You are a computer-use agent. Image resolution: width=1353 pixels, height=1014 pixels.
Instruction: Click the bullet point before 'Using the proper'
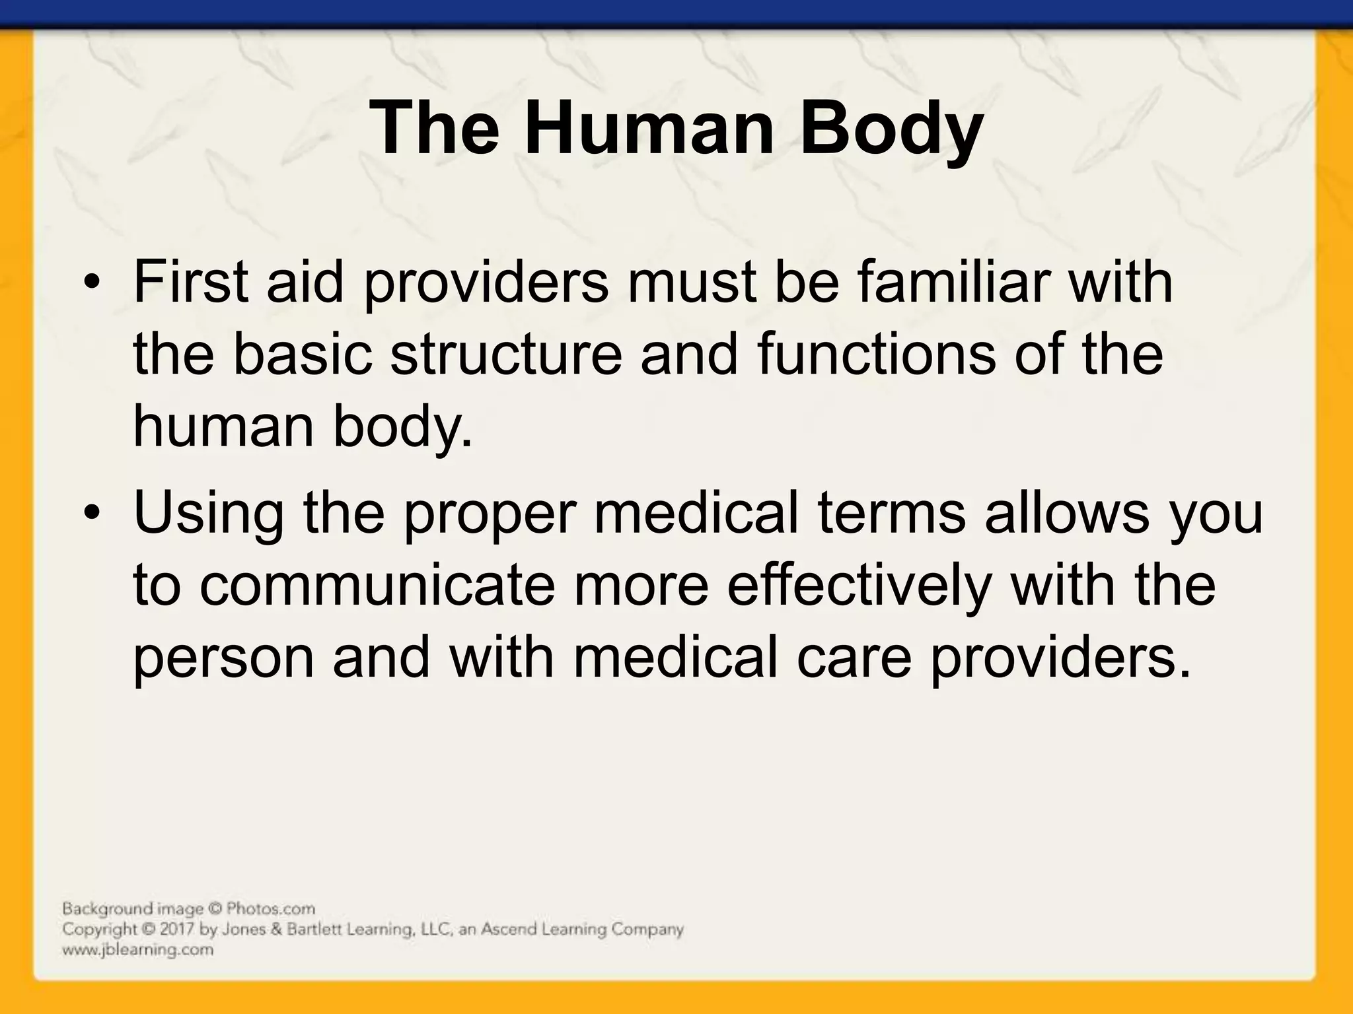[x=92, y=516]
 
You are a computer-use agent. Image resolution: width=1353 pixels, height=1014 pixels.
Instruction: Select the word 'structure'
[x=506, y=355]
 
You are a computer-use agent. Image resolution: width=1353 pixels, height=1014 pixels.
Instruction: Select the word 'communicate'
[x=377, y=586]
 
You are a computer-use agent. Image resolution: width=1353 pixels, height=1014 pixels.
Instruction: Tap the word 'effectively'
[x=859, y=586]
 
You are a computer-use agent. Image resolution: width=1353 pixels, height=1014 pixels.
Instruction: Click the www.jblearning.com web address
[x=138, y=951]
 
